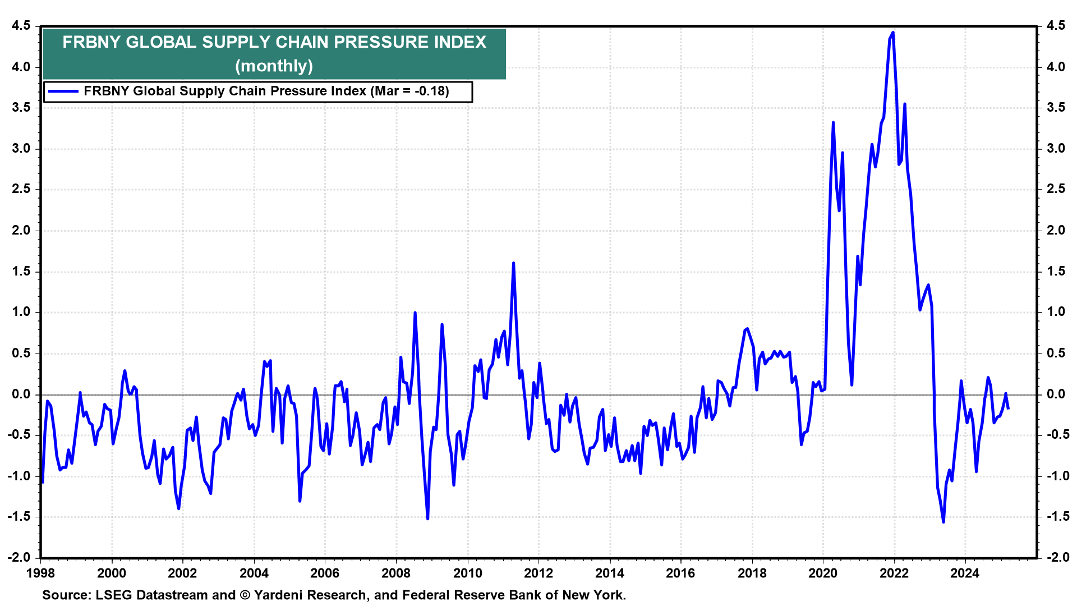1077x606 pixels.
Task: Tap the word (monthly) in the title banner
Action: [274, 66]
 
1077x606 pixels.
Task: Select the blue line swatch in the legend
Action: [63, 91]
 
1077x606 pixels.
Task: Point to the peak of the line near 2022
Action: [892, 33]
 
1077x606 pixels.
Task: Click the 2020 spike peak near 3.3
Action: [833, 122]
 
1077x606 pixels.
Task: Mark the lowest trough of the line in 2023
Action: [943, 522]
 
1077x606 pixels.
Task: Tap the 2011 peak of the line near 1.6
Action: [513, 263]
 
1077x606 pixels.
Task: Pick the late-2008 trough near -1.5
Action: [427, 518]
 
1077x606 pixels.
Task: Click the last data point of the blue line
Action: [1008, 408]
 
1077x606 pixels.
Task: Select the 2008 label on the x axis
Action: [396, 573]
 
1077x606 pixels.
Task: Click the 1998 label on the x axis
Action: [41, 573]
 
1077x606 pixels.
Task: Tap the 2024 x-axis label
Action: [965, 573]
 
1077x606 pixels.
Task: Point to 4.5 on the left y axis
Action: [20, 26]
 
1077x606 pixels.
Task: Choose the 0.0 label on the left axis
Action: [20, 394]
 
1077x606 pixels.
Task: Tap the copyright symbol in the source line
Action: [245, 595]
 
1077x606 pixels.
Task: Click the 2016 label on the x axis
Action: [680, 573]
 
